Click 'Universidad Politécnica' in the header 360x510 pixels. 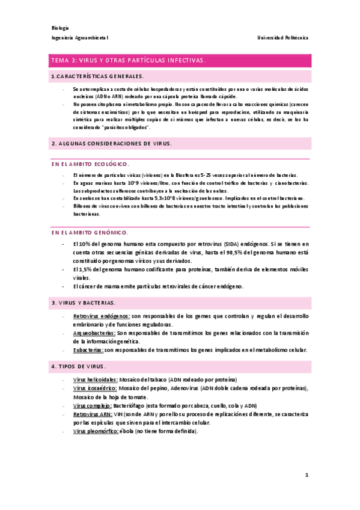(x=283, y=38)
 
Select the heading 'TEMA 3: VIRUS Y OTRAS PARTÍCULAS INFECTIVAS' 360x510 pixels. (x=129, y=61)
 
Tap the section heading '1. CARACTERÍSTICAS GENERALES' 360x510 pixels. (x=98, y=76)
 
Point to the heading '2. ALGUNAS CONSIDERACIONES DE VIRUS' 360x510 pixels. (x=112, y=143)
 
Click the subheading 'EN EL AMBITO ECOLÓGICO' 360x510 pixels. (x=90, y=164)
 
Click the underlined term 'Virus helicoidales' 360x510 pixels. (x=95, y=379)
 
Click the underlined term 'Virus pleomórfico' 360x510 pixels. (x=95, y=432)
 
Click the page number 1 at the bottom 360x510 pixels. (x=307, y=475)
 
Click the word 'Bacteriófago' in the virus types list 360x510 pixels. (x=137, y=406)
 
